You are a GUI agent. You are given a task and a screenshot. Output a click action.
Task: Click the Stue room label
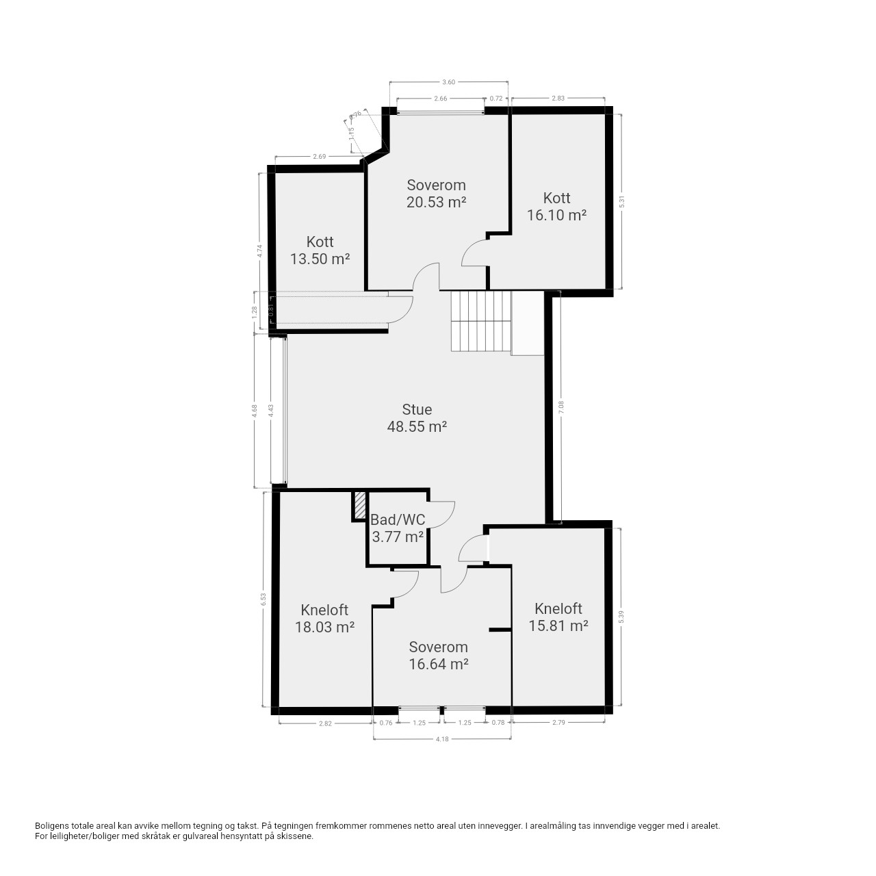[416, 409]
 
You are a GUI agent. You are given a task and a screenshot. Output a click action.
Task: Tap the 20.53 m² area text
[436, 202]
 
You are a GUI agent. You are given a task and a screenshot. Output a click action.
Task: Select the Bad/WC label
[398, 519]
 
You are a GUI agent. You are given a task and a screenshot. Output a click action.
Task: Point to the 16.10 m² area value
[556, 215]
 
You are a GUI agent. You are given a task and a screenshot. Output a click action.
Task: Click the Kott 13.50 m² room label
[320, 250]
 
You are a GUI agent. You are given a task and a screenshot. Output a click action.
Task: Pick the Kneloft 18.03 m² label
[324, 618]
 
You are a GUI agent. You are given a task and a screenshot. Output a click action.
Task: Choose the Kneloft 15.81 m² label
[558, 617]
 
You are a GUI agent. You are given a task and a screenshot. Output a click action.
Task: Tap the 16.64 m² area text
[438, 664]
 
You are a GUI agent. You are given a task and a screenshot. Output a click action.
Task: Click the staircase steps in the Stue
[481, 321]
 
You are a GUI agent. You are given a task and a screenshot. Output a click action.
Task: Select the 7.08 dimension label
[561, 407]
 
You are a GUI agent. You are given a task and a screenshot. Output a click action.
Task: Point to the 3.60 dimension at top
[448, 82]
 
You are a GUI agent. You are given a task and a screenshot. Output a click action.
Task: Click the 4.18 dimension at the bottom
[442, 739]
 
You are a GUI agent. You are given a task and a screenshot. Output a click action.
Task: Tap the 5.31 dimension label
[622, 202]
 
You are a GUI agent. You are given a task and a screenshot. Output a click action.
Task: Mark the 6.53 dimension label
[263, 600]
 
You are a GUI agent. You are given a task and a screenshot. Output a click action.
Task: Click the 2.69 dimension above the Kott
[319, 157]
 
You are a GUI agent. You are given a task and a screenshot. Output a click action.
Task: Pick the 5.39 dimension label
[621, 617]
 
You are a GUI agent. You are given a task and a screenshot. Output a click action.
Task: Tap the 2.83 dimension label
[558, 98]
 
